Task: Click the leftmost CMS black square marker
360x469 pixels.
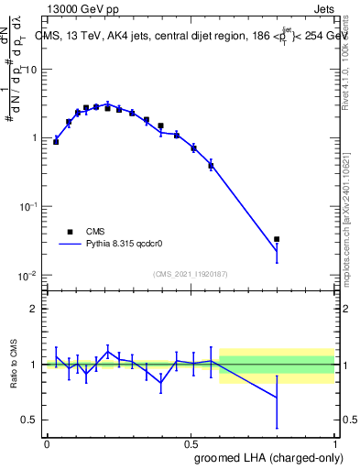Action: click(x=56, y=142)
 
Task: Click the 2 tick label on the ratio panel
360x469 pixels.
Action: click(x=34, y=309)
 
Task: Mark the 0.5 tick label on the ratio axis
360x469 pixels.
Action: click(x=30, y=420)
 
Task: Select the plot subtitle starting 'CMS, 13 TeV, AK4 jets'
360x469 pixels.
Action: click(x=192, y=36)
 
